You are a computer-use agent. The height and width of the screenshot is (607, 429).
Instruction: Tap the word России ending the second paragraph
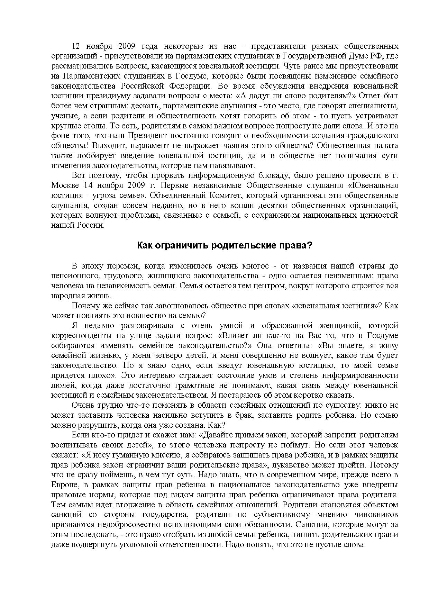pyautogui.click(x=92, y=225)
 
